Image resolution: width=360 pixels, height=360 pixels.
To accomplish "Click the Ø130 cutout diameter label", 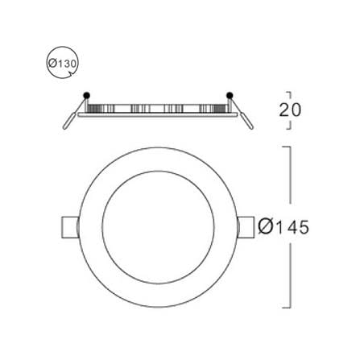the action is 63,64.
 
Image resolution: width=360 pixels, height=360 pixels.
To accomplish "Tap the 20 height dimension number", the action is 290,110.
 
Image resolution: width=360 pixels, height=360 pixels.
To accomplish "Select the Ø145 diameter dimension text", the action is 283,227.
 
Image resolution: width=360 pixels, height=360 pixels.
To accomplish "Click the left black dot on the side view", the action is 86,95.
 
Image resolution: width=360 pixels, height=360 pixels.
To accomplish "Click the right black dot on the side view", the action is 230,95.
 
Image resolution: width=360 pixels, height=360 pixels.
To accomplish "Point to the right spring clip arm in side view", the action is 242,114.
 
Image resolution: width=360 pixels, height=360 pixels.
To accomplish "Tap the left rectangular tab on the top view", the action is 70,227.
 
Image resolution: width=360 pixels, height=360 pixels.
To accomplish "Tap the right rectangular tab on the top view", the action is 246,227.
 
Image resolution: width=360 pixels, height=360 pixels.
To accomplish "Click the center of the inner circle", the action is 159,227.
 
